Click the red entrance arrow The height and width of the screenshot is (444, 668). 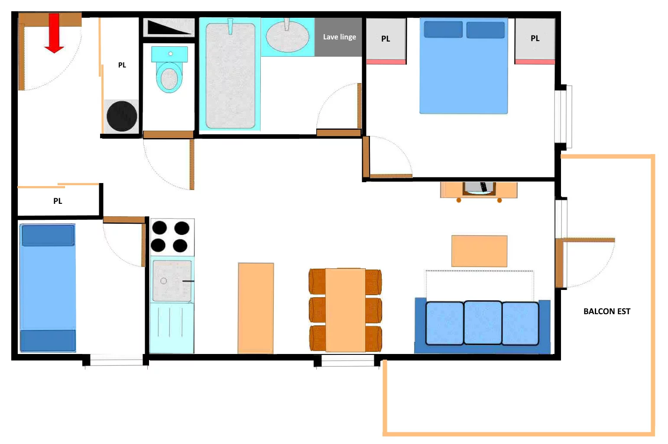pyautogui.click(x=54, y=33)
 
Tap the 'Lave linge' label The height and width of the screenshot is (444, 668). pyautogui.click(x=339, y=37)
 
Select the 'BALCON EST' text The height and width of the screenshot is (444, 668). pyautogui.click(x=607, y=312)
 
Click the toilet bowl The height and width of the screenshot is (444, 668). pyautogui.click(x=169, y=77)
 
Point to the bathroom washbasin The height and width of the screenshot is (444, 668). pyautogui.click(x=288, y=36)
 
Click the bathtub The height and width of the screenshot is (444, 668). pyautogui.click(x=230, y=74)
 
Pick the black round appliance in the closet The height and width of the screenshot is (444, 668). pyautogui.click(x=122, y=116)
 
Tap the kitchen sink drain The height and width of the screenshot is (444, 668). pyautogui.click(x=163, y=281)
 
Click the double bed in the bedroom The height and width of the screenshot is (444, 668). pyautogui.click(x=464, y=66)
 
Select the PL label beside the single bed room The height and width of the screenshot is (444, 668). pyautogui.click(x=58, y=201)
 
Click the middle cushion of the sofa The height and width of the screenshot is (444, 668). pyautogui.click(x=483, y=323)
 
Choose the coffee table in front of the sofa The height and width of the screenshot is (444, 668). pyautogui.click(x=479, y=251)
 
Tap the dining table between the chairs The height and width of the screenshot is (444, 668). pyautogui.click(x=345, y=310)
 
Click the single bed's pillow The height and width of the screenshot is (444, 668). pyautogui.click(x=49, y=235)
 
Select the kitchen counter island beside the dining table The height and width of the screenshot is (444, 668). pyautogui.click(x=256, y=308)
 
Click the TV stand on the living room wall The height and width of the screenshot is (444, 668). pyautogui.click(x=479, y=190)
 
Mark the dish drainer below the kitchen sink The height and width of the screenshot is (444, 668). pyautogui.click(x=172, y=328)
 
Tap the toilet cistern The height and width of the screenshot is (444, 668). pyautogui.click(x=169, y=54)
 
